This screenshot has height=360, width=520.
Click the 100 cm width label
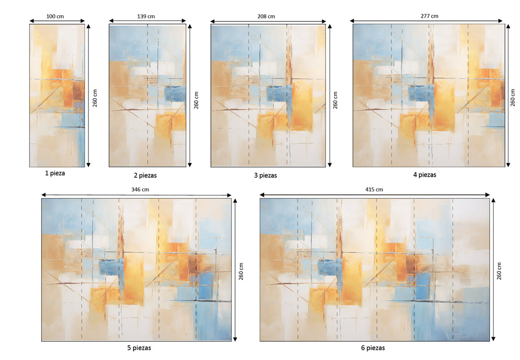(55, 16)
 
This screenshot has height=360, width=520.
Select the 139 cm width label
(146, 16)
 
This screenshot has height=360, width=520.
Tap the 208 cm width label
(267, 16)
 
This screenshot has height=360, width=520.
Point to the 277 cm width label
(430, 16)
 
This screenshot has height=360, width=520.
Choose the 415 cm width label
(374, 189)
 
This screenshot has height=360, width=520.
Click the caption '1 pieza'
(55, 173)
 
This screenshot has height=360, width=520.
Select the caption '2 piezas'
(145, 175)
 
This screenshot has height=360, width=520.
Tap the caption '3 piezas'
(266, 175)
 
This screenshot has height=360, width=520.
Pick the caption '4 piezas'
(425, 175)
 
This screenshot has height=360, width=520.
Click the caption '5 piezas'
(139, 348)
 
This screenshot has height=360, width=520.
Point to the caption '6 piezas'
(373, 348)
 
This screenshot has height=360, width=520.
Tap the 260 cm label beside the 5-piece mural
(241, 271)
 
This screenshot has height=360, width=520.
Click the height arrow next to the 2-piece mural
(190, 95)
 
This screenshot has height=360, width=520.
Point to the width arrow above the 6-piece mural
(374, 194)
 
